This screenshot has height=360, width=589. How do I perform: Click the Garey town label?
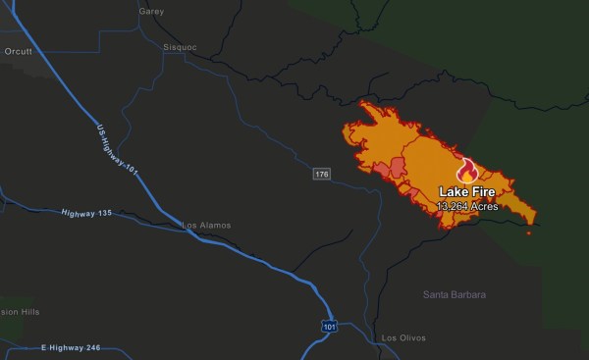tap(152, 12)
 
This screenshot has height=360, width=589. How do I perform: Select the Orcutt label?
tap(18, 50)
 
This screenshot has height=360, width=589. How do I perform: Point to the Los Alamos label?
tap(206, 225)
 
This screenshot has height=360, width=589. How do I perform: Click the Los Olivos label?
tap(404, 338)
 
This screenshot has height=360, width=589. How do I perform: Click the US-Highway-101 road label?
tap(119, 152)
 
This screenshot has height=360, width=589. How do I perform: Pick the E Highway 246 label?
tap(71, 347)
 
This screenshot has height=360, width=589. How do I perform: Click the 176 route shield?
tap(321, 174)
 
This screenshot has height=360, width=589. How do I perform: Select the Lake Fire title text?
tap(467, 192)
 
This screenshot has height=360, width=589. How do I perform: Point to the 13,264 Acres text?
tap(467, 206)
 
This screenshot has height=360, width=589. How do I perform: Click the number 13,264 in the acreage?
tap(455, 206)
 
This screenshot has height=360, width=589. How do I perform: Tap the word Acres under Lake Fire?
tap(485, 206)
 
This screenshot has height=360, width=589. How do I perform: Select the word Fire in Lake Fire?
tap(483, 192)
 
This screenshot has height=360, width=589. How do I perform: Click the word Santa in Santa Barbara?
tap(437, 294)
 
